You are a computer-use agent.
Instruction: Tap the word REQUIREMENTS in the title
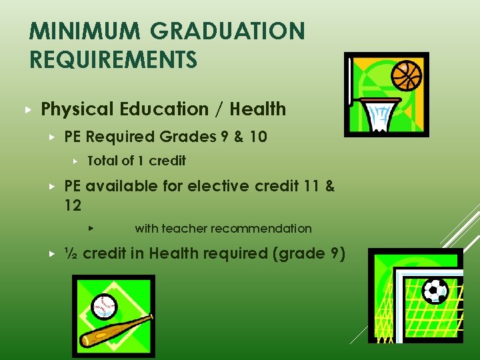coord(113,60)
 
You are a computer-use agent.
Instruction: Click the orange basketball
coord(407,75)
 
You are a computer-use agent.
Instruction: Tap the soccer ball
coord(435,291)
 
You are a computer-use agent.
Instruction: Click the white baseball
coord(105,307)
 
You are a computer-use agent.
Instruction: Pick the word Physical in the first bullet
coord(73,109)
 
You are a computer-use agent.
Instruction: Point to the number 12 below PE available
coord(73,206)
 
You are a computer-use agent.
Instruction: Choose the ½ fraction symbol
coord(70,253)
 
